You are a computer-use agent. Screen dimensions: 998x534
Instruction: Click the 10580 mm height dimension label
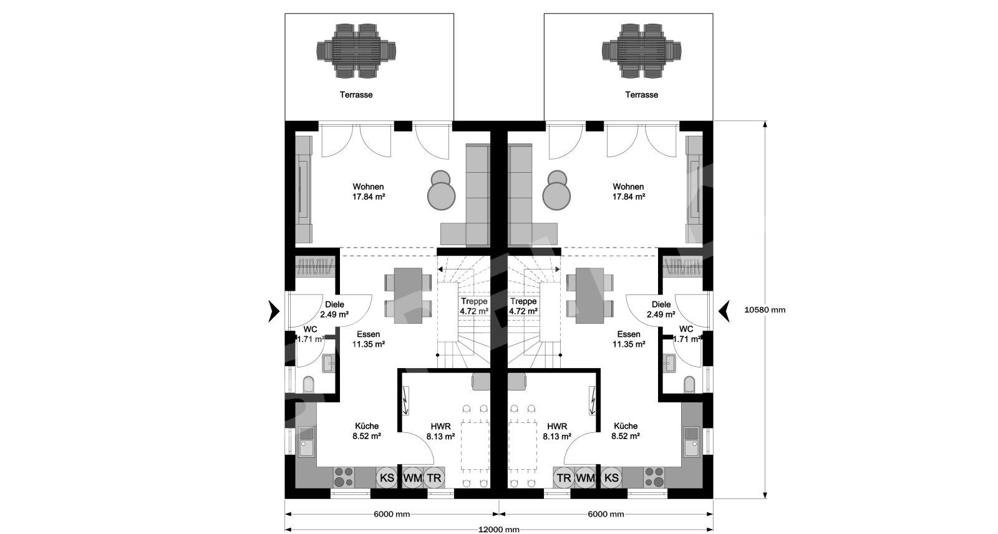pos(765,310)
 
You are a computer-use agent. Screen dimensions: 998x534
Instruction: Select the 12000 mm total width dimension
pos(498,530)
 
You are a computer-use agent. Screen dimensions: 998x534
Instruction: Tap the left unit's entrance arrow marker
pos(274,311)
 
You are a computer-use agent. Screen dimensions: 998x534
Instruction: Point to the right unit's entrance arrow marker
pos(724,311)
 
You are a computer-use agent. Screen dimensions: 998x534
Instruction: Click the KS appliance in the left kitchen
pos(387,478)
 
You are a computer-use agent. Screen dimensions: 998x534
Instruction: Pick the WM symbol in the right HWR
pos(585,478)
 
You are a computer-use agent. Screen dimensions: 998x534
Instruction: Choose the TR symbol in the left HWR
pos(434,478)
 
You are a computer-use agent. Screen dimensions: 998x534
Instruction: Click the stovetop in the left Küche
pos(344,477)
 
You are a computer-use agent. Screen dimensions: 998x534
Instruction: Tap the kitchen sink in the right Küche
pos(692,441)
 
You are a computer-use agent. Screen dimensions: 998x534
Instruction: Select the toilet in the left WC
pos(308,385)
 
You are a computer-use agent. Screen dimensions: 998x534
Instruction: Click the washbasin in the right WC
pos(669,363)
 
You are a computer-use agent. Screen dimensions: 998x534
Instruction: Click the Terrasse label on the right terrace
pos(642,94)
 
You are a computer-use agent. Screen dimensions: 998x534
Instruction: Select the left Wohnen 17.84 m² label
pos(369,192)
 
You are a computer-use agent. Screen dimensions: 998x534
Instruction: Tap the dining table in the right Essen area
pos(589,296)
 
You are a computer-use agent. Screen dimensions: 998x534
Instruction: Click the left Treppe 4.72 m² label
pos(474,306)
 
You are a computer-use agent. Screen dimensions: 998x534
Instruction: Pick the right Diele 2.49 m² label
pos(661,309)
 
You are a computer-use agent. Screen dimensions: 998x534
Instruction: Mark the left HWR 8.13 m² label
pos(440,432)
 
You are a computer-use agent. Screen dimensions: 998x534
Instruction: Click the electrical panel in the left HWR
pos(406,400)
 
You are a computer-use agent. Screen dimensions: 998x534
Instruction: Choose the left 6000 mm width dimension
pos(392,514)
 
